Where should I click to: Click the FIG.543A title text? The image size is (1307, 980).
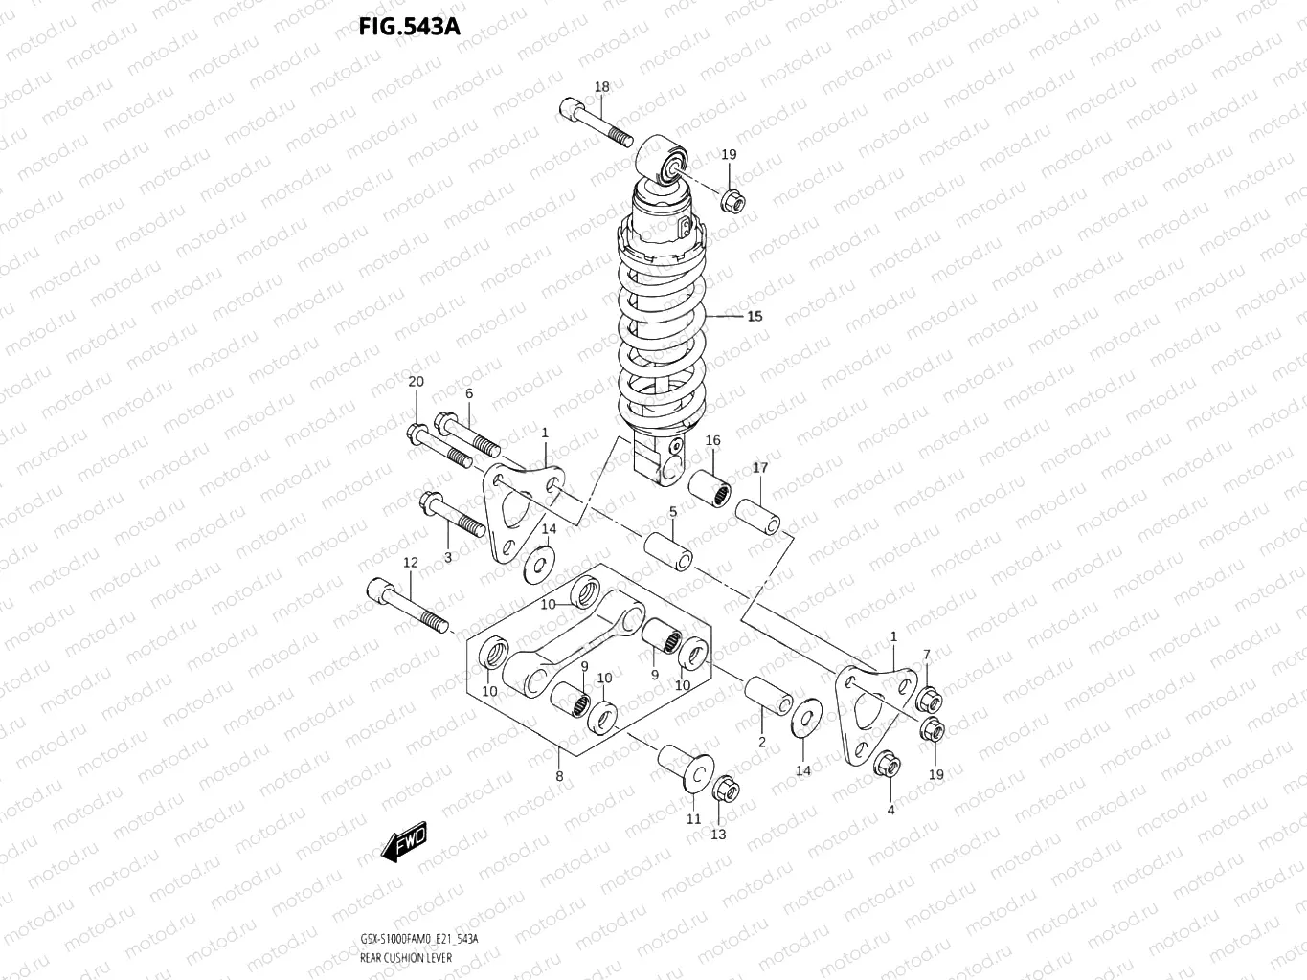409,26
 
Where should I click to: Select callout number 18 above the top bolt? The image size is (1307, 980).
601,87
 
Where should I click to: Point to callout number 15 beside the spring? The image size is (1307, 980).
755,316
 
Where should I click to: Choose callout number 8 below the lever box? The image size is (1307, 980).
559,776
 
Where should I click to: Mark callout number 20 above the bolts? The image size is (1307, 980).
416,382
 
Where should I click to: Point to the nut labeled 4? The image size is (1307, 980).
887,764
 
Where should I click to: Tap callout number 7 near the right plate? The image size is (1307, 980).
926,655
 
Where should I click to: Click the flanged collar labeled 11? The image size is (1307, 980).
685,767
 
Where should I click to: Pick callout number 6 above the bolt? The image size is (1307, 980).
469,393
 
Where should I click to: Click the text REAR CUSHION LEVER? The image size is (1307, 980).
407,957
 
